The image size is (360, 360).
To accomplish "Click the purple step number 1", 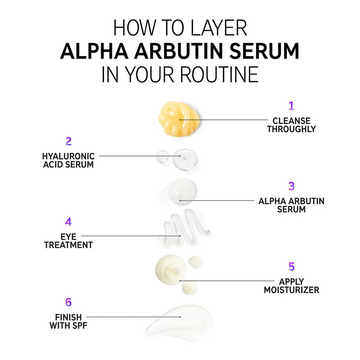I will [291, 104].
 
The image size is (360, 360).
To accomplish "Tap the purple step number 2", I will [68, 141].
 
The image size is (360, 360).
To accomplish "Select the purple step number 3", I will [291, 185].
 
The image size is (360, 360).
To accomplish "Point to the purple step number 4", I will [68, 221].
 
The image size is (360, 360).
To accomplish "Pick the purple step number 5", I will [291, 266].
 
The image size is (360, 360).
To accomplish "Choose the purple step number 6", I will [68, 301].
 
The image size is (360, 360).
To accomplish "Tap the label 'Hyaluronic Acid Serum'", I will [68, 161].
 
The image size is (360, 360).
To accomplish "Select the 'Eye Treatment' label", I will [68, 241].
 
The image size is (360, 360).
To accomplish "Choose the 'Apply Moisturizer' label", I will [291, 286].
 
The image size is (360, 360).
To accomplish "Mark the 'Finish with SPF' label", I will [68, 321].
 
